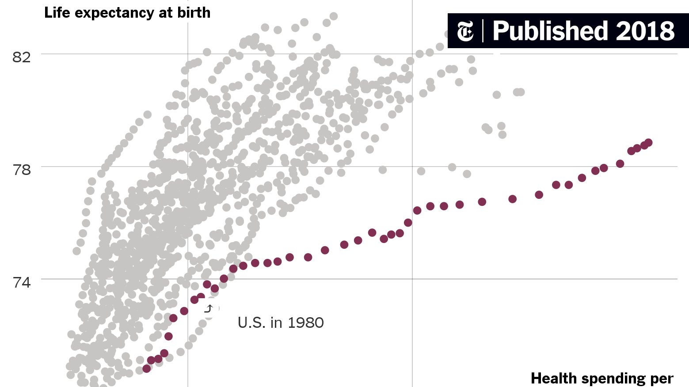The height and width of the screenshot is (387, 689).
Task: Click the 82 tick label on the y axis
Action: point(22,57)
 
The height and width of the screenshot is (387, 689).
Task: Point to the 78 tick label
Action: point(22,170)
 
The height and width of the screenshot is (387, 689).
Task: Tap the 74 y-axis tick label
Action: point(22,282)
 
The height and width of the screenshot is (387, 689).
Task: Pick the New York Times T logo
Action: point(465,31)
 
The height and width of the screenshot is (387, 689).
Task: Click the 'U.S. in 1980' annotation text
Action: point(281,323)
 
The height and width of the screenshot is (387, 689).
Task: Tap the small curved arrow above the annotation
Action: point(209,308)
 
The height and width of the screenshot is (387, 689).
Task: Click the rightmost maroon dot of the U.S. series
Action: point(648,143)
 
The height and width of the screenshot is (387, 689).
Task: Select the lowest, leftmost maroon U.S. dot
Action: point(147,368)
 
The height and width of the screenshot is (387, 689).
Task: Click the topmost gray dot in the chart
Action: point(334,16)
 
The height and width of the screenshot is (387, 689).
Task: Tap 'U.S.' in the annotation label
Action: point(252,323)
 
